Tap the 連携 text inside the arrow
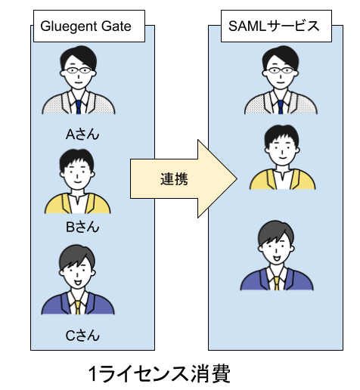(174, 179)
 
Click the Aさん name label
(82, 135)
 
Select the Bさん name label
(82, 227)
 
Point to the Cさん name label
(82, 335)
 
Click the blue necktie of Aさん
(78, 107)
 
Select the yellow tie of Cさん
(78, 305)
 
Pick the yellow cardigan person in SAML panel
(282, 159)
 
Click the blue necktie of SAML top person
(280, 107)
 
